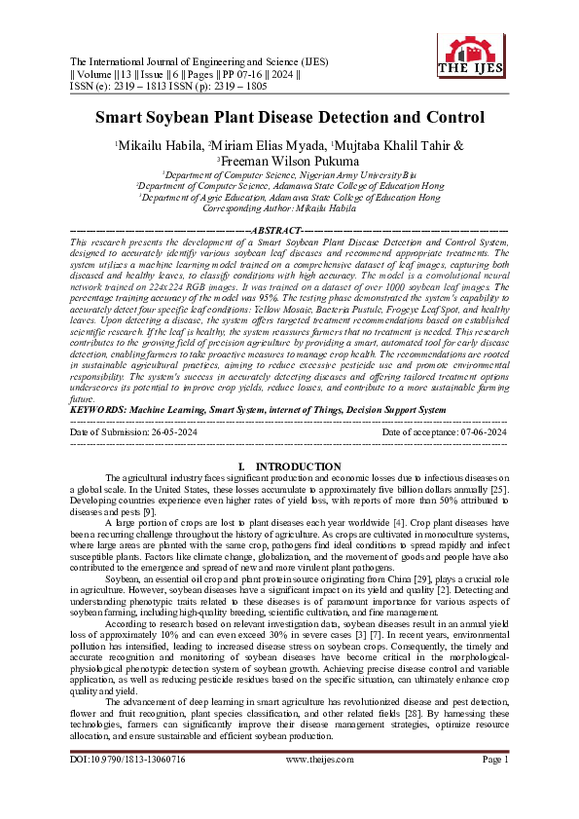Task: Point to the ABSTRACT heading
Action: [x=289, y=230]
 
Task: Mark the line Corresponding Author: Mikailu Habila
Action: [x=289, y=208]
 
